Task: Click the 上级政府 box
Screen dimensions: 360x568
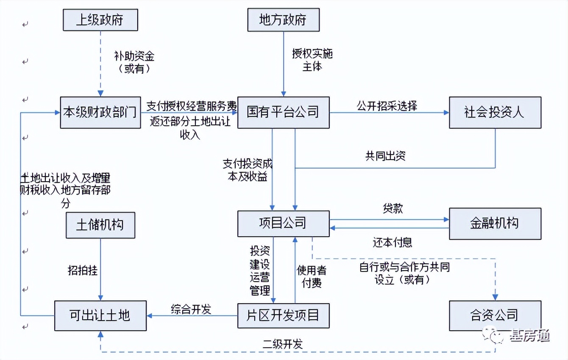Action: coord(100,20)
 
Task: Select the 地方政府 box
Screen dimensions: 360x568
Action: coord(283,20)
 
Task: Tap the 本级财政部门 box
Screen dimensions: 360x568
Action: coord(100,112)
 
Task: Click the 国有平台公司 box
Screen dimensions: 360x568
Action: coord(283,112)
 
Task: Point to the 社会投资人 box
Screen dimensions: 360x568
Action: coord(495,112)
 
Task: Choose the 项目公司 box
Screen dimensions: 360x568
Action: coord(283,223)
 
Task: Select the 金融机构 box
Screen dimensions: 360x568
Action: coord(495,223)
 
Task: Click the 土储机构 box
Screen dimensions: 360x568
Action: coord(100,224)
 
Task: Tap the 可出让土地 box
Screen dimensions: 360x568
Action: coord(100,316)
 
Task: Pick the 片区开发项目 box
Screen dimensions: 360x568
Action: coord(283,316)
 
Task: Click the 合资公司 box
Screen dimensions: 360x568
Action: coord(495,316)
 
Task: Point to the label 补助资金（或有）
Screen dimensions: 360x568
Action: coord(134,62)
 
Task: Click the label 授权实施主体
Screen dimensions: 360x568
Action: coord(312,60)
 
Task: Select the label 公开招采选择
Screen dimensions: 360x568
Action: coord(387,105)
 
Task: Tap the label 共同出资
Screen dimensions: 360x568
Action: coord(385,155)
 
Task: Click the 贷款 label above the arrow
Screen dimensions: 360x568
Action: coord(393,209)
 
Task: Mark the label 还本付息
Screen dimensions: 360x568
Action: coord(393,242)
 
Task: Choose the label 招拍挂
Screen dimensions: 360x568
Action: coord(83,270)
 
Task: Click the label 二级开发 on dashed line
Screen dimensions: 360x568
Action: coord(283,344)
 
